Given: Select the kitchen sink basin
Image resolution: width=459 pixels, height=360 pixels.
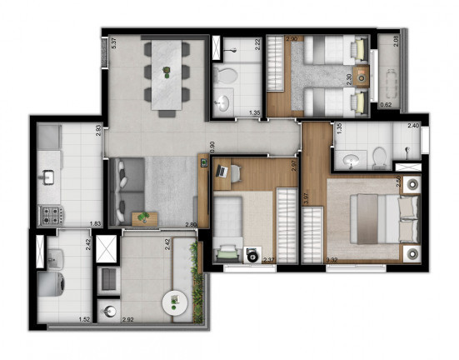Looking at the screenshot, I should pos(48,177).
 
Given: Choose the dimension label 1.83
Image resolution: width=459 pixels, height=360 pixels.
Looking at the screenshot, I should pos(96,224).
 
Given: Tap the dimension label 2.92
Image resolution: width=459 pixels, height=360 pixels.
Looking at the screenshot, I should pos(127,318).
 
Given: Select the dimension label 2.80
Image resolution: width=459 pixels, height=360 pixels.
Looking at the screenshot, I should pos(191,224).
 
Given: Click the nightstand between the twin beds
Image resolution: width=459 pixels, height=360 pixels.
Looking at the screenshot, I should pos(362,79).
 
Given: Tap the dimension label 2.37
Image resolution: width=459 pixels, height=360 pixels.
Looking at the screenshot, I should pos(269,260).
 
